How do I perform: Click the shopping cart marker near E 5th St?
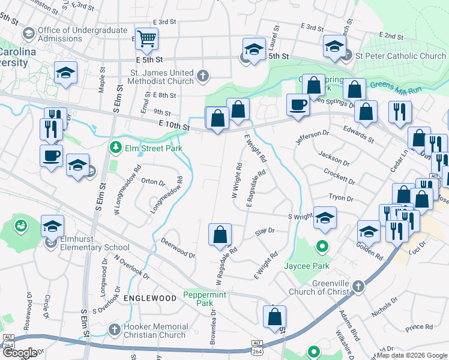[146, 40]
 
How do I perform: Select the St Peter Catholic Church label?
[400, 56]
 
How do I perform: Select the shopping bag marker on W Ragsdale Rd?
[220, 235]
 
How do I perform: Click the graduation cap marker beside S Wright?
[325, 218]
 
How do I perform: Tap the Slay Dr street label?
[264, 230]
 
